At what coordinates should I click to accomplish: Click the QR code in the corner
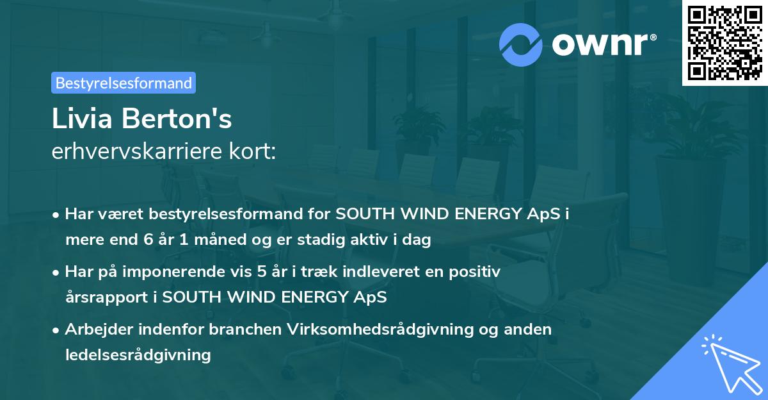(x=725, y=43)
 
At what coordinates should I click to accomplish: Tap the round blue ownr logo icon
(x=521, y=45)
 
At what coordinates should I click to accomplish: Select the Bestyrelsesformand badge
(x=124, y=83)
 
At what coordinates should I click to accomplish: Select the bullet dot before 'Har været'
(x=57, y=215)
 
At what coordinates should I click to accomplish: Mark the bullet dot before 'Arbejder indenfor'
(x=57, y=329)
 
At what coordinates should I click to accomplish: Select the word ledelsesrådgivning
(x=138, y=354)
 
